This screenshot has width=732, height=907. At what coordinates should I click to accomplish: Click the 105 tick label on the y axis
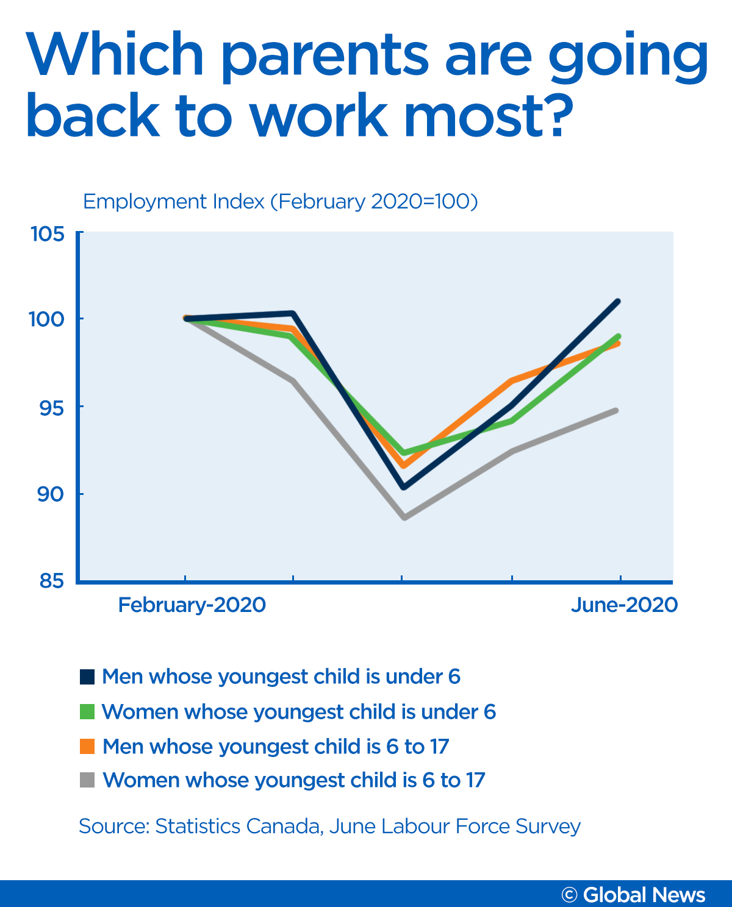[x=48, y=233]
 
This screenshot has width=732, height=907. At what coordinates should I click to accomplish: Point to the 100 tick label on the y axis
[x=48, y=319]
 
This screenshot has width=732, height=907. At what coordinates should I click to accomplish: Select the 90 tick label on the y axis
[x=51, y=494]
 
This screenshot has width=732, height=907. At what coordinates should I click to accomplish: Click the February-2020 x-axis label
[x=192, y=605]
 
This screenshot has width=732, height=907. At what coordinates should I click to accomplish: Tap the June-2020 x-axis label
[x=624, y=605]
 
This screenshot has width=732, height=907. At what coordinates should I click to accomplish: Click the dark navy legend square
[x=87, y=677]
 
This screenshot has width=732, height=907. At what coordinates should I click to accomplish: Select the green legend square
[x=87, y=711]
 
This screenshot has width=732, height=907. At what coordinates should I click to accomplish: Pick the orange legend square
[x=87, y=746]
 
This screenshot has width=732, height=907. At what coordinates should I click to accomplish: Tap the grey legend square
[x=87, y=780]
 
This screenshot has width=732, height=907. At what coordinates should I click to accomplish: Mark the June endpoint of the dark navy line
[x=618, y=302]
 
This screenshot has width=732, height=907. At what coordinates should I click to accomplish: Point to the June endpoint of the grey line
[x=616, y=411]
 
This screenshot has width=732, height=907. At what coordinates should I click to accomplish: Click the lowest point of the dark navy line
[x=403, y=487]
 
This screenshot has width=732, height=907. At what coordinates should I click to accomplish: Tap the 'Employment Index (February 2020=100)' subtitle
[x=280, y=201]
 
